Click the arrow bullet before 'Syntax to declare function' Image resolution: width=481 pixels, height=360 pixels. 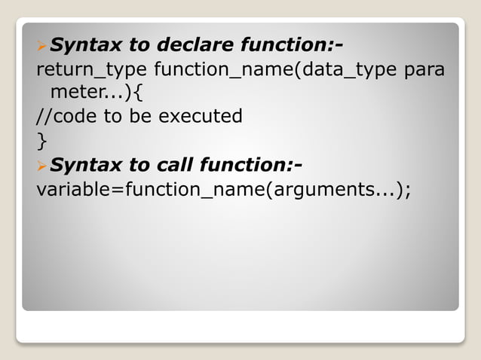(x=41, y=47)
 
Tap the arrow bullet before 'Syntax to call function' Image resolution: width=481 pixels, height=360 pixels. (x=41, y=165)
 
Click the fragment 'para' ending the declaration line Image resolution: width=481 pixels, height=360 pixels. (x=424, y=71)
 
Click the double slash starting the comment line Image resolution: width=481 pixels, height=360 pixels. (x=44, y=117)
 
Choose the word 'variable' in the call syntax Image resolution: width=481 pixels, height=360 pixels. (x=73, y=188)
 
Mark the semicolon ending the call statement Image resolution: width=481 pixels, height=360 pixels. (x=408, y=189)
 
